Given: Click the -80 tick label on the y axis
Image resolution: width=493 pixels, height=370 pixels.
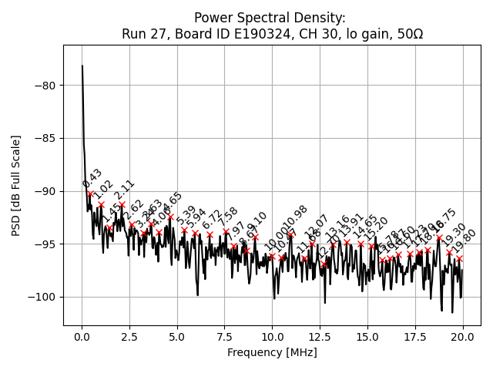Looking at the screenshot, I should click(x=44, y=86).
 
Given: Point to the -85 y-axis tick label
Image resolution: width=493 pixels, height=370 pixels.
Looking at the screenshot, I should click(x=44, y=139).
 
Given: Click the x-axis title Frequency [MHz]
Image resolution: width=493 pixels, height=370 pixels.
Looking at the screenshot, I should click(x=272, y=352).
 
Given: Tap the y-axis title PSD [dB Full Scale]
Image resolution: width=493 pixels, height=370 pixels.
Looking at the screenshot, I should click(x=15, y=185).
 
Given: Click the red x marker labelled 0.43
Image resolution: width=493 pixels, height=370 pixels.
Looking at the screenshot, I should click(x=90, y=193).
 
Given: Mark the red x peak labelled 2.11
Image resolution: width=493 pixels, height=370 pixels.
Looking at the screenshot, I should click(x=122, y=205).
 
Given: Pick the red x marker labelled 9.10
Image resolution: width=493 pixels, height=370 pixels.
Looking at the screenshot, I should click(x=255, y=237).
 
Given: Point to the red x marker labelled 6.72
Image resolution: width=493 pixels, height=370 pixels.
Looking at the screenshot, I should click(x=210, y=234).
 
